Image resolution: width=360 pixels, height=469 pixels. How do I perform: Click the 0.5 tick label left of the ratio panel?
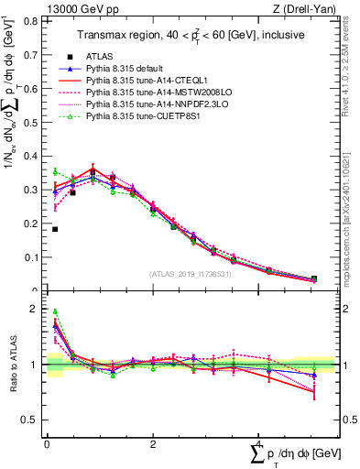32,420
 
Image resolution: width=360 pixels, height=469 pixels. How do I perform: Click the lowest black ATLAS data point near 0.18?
55,229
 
